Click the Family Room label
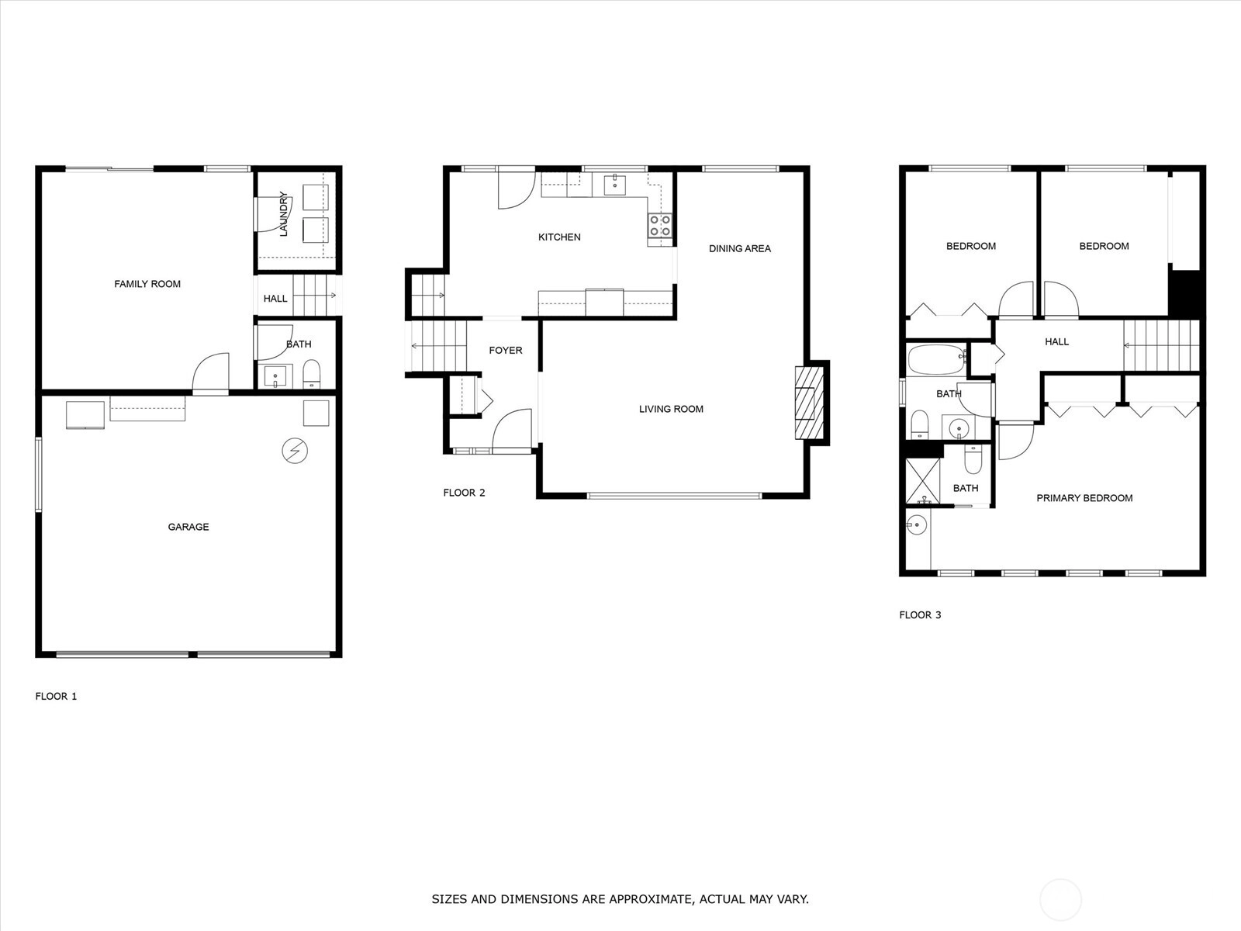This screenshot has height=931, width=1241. point(147,284)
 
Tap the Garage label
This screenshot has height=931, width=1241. point(188,527)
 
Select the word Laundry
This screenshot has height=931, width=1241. point(283,213)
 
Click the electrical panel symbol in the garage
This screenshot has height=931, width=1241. point(295,451)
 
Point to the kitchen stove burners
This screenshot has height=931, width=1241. point(660,225)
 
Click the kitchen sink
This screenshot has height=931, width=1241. point(614,185)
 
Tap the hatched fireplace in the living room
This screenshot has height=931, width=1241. point(808,403)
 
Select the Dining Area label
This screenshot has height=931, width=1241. point(739,248)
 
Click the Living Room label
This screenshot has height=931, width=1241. point(671,409)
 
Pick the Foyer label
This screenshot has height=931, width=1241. point(506,351)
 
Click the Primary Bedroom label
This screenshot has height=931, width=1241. point(1084,498)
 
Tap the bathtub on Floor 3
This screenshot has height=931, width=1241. point(937,359)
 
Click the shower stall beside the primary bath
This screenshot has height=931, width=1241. point(923,480)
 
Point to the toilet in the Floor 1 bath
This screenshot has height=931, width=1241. point(312,374)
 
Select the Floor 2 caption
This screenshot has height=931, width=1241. point(464,493)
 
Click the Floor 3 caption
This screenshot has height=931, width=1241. point(920,615)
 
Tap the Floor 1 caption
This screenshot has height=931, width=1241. point(56,697)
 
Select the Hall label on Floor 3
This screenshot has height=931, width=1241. point(1056,341)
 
